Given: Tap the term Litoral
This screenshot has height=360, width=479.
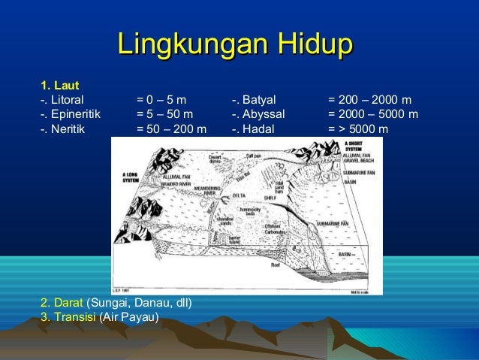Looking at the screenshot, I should [65, 99].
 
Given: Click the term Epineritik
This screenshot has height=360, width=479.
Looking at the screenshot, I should [74, 114].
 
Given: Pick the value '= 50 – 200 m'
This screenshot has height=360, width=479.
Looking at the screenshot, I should [171, 129].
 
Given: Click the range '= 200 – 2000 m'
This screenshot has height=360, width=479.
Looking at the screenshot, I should [369, 99].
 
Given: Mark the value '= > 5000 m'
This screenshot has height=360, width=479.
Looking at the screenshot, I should [358, 129].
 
